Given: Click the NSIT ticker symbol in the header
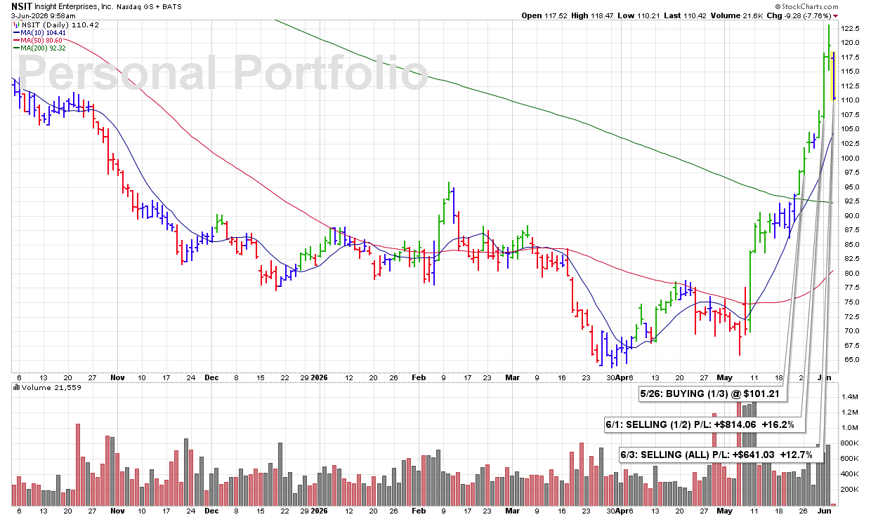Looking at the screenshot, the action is pyautogui.click(x=21, y=6).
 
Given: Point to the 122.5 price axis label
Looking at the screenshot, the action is pyautogui.click(x=850, y=28).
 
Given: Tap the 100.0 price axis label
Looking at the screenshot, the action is pyautogui.click(x=850, y=158).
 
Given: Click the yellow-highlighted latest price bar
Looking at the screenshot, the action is pyautogui.click(x=833, y=76).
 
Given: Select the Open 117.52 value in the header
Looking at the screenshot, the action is pyautogui.click(x=544, y=15).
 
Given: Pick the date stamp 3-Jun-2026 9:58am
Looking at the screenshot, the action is pyautogui.click(x=43, y=16).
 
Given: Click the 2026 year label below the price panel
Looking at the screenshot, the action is pyautogui.click(x=319, y=377).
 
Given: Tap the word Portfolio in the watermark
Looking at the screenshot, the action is pyautogui.click(x=331, y=73).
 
